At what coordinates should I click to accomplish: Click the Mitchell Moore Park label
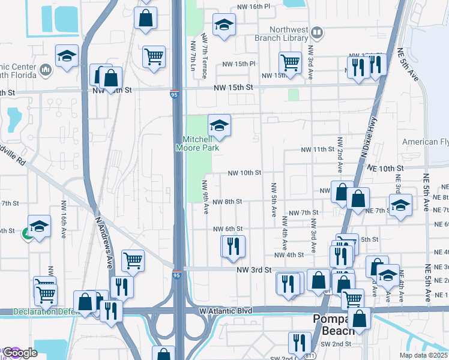coord(197,143)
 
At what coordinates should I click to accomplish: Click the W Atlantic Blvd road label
coord(225,311)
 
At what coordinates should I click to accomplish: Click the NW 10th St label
coord(244,173)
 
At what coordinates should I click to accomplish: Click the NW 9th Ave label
coord(205,198)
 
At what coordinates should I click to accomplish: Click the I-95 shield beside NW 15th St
coord(173,93)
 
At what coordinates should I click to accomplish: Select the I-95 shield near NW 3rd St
coord(176,275)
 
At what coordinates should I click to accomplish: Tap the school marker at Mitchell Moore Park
coord(220,126)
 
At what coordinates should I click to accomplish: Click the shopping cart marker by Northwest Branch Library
coord(291,62)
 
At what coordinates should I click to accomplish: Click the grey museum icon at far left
coord(46,71)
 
